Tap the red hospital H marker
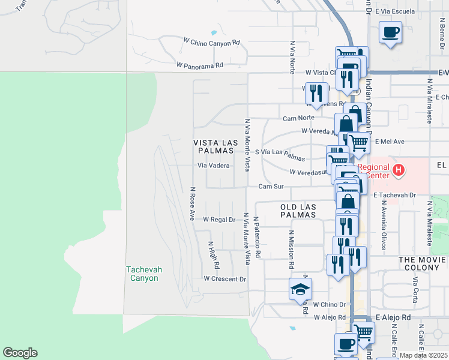[x=398, y=171]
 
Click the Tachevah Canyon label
[x=142, y=274]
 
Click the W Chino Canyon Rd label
[x=211, y=43]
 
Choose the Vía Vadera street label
[x=213, y=166]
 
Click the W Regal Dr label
[x=218, y=220]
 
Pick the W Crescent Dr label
[x=224, y=279]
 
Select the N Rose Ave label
[x=192, y=204]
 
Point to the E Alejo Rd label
[x=393, y=317]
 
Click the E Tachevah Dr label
[x=394, y=195]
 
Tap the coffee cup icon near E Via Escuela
[x=390, y=32]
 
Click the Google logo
[x=20, y=353]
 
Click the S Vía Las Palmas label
[x=280, y=155]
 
